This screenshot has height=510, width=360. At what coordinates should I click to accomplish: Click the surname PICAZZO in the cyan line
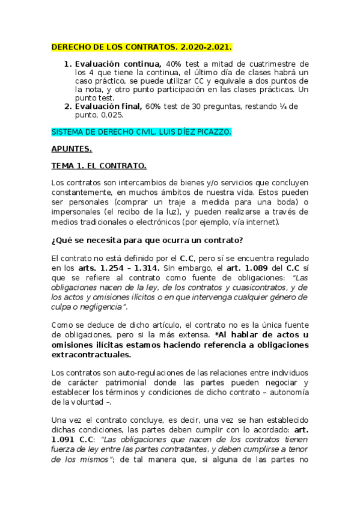coord(211,131)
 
